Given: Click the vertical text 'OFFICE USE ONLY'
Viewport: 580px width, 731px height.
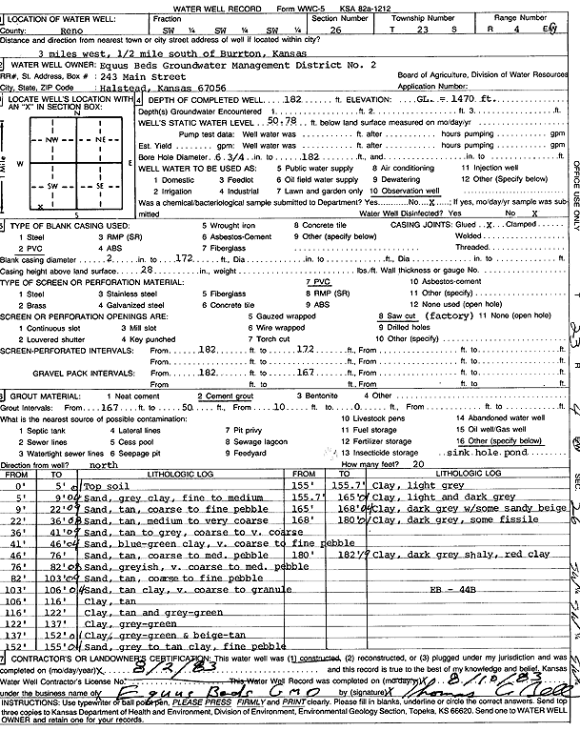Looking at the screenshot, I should point(572,200).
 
